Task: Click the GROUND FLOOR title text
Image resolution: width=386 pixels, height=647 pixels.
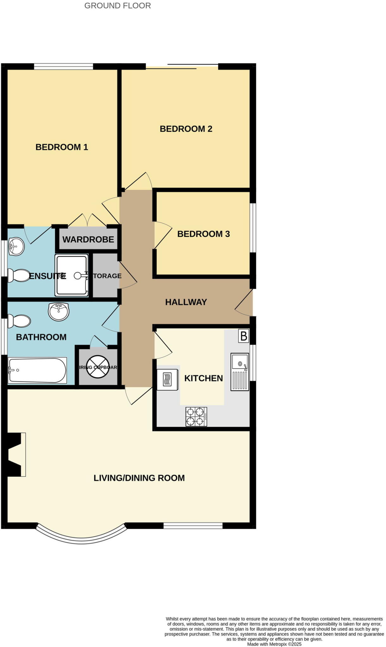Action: pyautogui.click(x=117, y=6)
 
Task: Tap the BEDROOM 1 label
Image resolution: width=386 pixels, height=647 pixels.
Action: pyautogui.click(x=62, y=147)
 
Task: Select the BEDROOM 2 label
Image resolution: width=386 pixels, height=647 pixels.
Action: pyautogui.click(x=186, y=129)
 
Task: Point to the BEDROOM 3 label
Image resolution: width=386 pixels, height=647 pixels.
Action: pyautogui.click(x=203, y=234)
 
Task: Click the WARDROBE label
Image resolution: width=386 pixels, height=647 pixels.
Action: pyautogui.click(x=88, y=239)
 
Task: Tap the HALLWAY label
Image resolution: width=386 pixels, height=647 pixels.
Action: pyautogui.click(x=186, y=302)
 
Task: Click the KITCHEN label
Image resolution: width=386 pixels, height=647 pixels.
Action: pyautogui.click(x=203, y=378)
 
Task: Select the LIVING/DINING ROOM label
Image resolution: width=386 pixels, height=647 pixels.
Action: pyautogui.click(x=139, y=478)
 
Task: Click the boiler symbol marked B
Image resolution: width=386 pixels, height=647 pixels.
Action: pyautogui.click(x=244, y=336)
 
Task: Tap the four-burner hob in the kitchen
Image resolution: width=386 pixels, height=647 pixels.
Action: pyautogui.click(x=196, y=417)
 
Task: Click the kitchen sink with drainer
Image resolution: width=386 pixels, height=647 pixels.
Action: pyautogui.click(x=240, y=372)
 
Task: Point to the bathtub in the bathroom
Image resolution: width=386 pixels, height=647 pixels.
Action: pyautogui.click(x=37, y=370)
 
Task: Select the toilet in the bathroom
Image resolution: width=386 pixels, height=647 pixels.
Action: pyautogui.click(x=19, y=321)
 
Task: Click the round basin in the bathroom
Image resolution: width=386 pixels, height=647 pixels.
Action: pyautogui.click(x=59, y=311)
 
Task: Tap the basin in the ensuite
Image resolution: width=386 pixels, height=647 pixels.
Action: pyautogui.click(x=16, y=246)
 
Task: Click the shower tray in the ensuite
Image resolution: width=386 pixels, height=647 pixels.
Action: pyautogui.click(x=72, y=275)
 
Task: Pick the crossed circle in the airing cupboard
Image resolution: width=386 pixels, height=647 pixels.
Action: pyautogui.click(x=98, y=367)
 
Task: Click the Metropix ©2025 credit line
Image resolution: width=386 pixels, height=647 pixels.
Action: pyautogui.click(x=274, y=644)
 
